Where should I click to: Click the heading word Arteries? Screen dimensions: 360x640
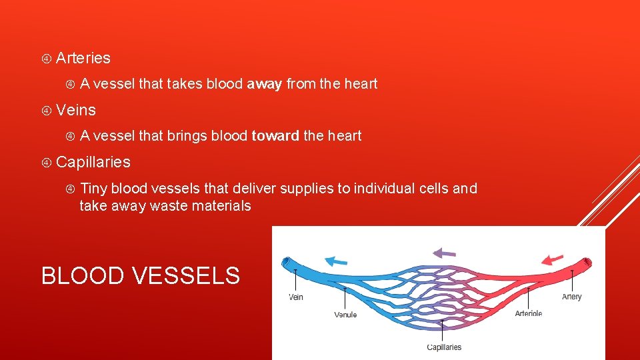83,58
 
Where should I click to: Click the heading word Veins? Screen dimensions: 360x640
76,110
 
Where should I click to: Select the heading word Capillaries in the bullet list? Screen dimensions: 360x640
93,162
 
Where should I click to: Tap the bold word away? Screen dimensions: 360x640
264,84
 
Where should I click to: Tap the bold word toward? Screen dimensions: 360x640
275,136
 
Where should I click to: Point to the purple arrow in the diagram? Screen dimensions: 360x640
444,253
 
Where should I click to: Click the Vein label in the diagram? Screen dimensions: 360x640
295,297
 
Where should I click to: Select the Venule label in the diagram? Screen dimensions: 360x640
345,315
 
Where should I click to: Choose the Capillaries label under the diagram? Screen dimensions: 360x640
443,347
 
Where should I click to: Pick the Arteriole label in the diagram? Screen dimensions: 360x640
528,313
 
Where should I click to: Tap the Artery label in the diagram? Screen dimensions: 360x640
571,297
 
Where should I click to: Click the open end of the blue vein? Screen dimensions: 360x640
285,264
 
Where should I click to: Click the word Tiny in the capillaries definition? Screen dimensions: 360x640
93,189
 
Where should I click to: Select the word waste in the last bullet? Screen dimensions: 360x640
169,206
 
